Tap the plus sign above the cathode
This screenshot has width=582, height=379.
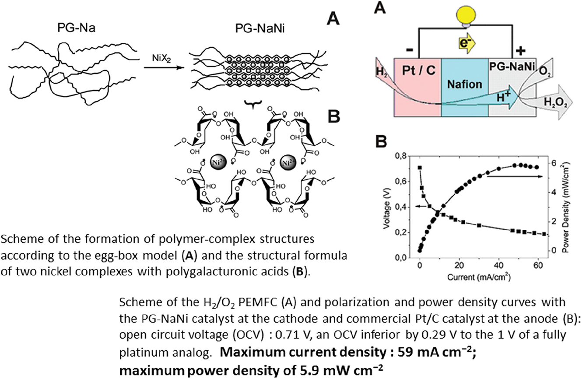[x=521, y=51]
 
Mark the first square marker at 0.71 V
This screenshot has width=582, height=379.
[x=420, y=168]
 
